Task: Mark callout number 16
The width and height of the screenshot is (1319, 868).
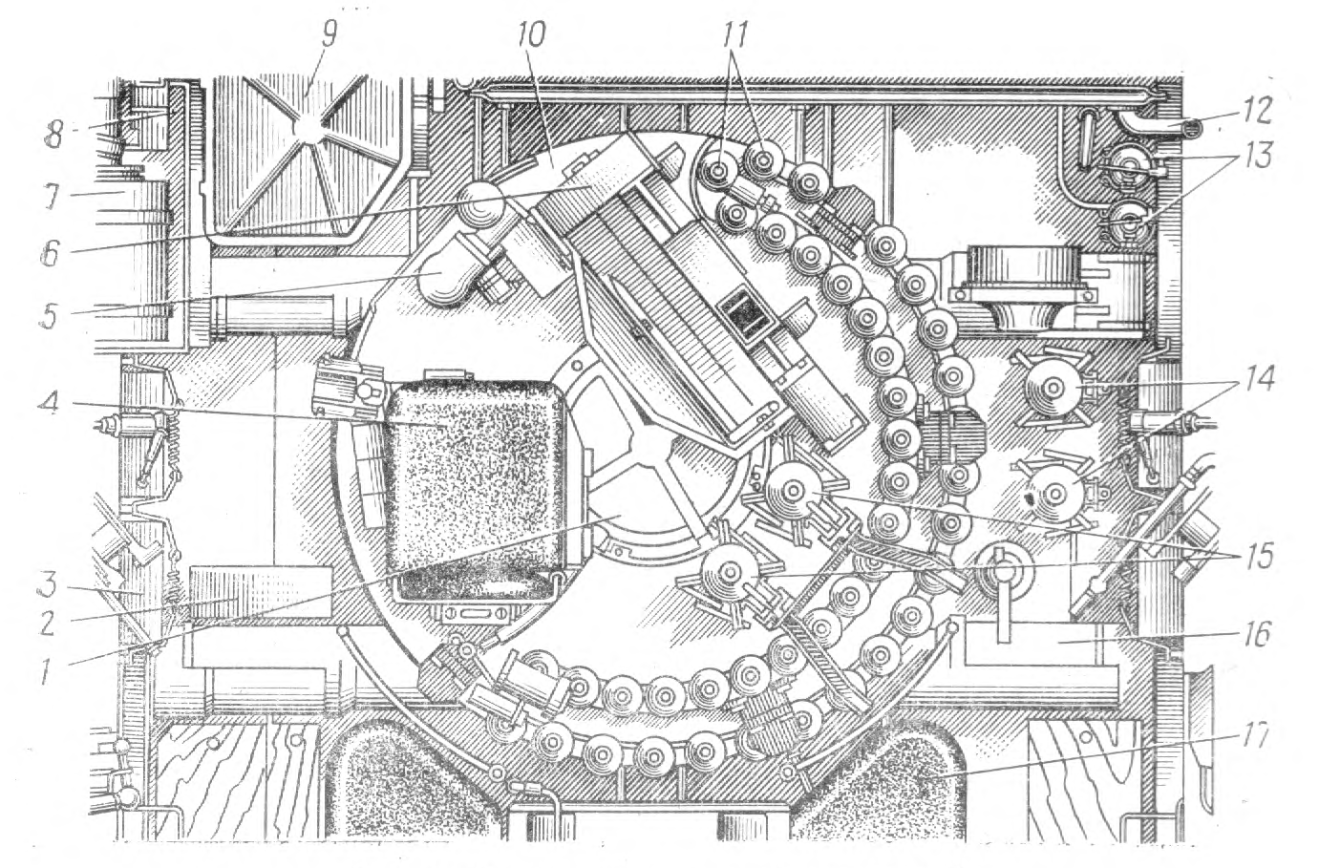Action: [1256, 634]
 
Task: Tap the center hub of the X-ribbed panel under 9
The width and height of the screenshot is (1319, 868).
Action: [311, 127]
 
